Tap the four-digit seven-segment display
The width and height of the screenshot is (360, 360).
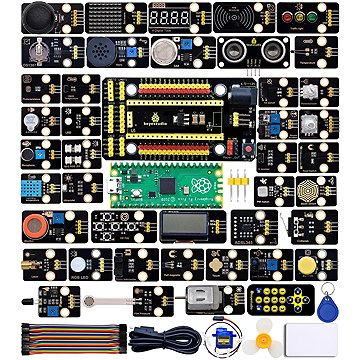coord(166,18)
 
